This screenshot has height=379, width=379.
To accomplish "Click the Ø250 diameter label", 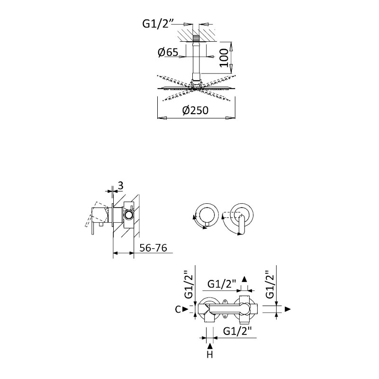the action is click(x=195, y=110).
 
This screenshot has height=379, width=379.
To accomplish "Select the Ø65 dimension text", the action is click(x=168, y=52).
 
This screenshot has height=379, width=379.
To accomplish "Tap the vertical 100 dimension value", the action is click(x=224, y=58).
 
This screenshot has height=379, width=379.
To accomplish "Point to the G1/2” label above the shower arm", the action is click(x=158, y=24).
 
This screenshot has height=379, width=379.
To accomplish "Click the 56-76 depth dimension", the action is click(x=153, y=248).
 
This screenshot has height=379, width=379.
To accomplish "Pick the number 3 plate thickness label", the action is click(x=121, y=186).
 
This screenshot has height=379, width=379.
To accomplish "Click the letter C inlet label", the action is click(x=178, y=309).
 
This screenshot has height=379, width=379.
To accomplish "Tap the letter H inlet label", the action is click(x=209, y=355).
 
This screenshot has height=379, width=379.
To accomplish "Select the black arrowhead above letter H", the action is click(x=209, y=346).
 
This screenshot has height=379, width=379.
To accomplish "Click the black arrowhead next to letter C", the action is click(x=185, y=309).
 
